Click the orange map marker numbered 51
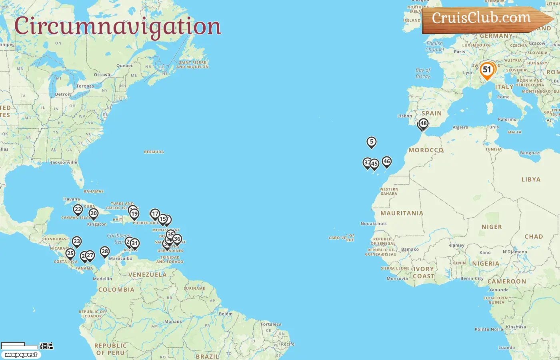(x=487, y=70)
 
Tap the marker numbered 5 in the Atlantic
(x=372, y=142)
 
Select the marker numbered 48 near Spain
(x=423, y=124)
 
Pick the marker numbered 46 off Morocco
(x=386, y=162)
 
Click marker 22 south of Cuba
(x=78, y=210)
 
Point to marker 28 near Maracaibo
(x=105, y=252)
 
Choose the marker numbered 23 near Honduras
(x=77, y=242)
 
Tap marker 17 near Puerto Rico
(x=155, y=214)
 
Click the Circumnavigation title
(x=118, y=26)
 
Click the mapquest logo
(x=21, y=355)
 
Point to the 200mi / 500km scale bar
(x=26, y=346)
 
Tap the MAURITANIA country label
(x=402, y=213)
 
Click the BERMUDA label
(x=154, y=152)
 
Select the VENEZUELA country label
(x=147, y=275)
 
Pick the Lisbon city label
(x=404, y=116)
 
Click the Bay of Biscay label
(x=423, y=73)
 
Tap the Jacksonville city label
(x=64, y=162)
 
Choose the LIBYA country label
(x=531, y=180)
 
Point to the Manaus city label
(x=173, y=321)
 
